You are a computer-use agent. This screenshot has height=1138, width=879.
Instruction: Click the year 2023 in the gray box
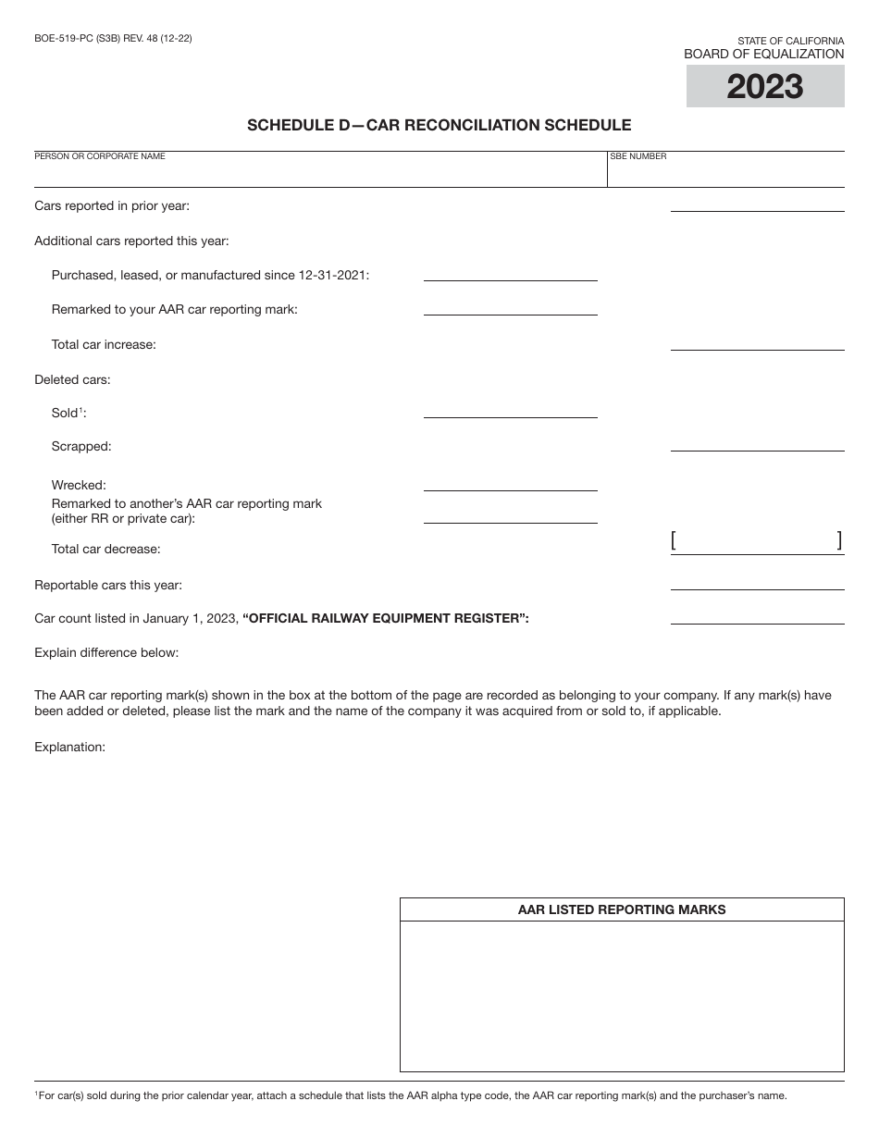pos(764,87)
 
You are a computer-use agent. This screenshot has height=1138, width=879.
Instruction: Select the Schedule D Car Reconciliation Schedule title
pos(439,125)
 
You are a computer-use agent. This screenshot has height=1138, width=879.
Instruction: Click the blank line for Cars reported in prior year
pos(757,204)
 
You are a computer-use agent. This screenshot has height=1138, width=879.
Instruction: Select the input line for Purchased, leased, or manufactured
pos(510,274)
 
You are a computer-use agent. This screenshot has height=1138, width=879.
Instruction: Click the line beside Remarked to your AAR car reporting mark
pos(510,308)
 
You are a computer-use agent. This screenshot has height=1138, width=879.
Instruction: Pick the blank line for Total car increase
pos(757,343)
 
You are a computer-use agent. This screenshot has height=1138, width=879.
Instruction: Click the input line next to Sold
pos(510,411)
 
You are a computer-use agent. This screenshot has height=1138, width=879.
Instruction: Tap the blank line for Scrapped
pos(757,444)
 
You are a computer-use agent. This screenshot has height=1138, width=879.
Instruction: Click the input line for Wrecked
pos(510,484)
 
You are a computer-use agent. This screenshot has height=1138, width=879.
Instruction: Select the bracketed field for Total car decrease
pos(757,542)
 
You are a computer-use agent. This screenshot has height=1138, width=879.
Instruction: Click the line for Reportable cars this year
pos(757,583)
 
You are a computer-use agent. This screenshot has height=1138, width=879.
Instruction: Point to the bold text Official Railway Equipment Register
pos(386,618)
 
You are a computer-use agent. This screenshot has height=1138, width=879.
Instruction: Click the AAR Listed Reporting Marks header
pos(622,909)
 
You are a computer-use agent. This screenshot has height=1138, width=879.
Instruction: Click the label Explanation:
pos(70,747)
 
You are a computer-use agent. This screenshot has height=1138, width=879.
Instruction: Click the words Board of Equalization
pos(763,55)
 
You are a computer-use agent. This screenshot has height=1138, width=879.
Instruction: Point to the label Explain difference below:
pos(106,652)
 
